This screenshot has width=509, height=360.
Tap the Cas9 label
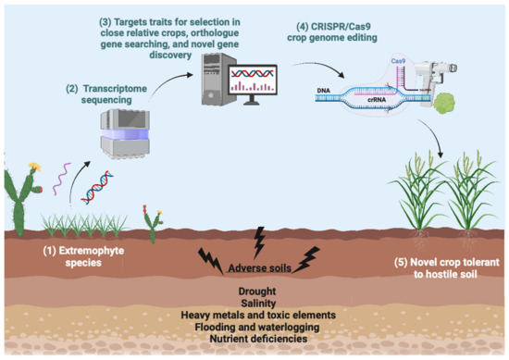click(x=398, y=59)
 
